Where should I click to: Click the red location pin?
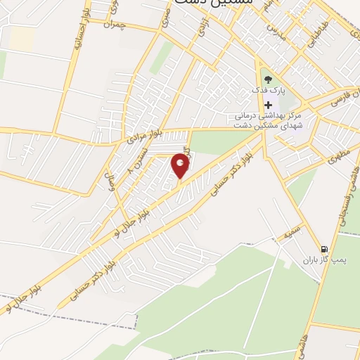click(x=181, y=167)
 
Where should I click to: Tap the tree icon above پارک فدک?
click(x=266, y=79)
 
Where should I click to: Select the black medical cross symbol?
click(x=267, y=105)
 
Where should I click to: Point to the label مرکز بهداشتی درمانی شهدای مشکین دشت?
click(x=268, y=119)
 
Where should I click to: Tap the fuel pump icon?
click(x=323, y=249)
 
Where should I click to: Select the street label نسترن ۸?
click(x=139, y=161)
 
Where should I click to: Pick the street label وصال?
click(x=109, y=186)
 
